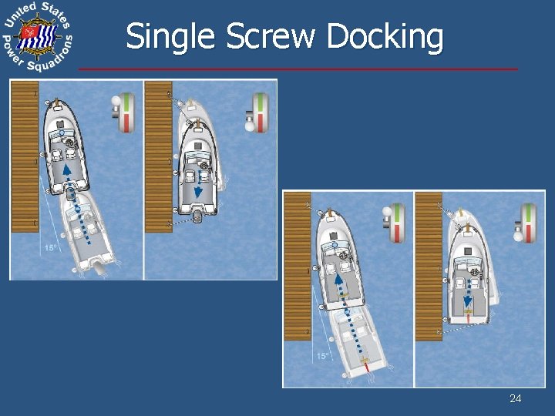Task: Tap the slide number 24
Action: [x=516, y=398]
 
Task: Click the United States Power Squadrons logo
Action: [x=37, y=36]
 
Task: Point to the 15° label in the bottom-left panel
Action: [x=323, y=356]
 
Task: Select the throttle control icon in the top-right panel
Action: [x=257, y=112]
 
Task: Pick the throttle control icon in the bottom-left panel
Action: [x=394, y=223]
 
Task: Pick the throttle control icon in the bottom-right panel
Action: [x=526, y=223]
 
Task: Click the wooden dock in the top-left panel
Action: [x=24, y=154]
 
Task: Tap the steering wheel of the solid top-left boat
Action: [x=70, y=144]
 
